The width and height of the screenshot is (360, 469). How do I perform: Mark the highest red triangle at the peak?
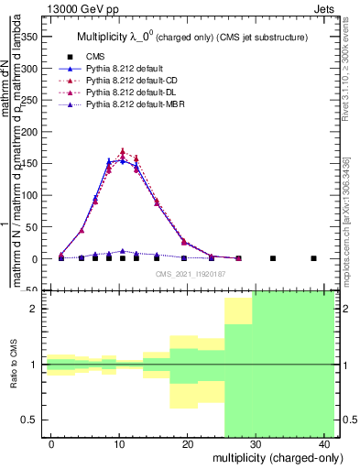[123, 152]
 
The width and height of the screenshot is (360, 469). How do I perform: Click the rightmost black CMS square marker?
[313, 258]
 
